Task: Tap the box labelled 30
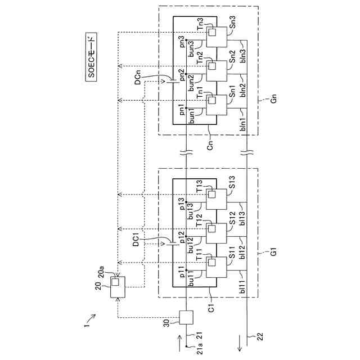pos(186,318)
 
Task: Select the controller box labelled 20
pos(118,287)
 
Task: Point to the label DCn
pos(137,79)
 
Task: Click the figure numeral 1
pos(86,323)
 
